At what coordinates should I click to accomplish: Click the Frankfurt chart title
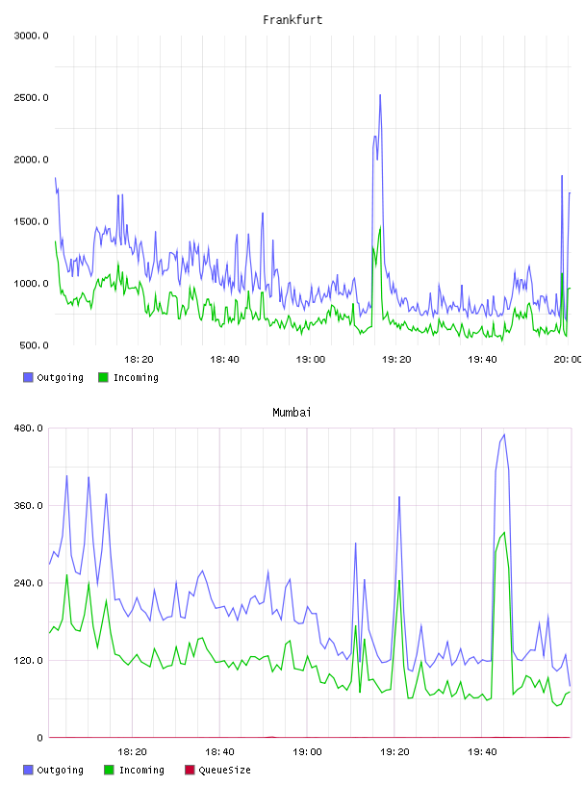[292, 20]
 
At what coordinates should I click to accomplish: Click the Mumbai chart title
[292, 413]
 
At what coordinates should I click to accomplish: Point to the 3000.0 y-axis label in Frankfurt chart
[31, 36]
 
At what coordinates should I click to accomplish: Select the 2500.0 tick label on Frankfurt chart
[31, 97]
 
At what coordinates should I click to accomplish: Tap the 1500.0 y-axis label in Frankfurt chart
[31, 222]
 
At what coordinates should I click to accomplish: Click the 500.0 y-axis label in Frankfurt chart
[34, 345]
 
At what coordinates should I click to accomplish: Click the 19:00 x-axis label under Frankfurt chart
[311, 360]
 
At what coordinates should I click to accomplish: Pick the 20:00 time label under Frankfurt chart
[568, 360]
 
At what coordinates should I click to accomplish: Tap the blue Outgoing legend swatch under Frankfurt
[28, 377]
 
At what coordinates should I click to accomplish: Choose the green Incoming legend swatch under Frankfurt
[103, 377]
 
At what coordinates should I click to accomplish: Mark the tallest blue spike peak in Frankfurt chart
[380, 94]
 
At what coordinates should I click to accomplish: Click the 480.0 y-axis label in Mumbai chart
[29, 428]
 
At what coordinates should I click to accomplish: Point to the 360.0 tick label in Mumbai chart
[29, 506]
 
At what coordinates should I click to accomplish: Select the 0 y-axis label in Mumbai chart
[40, 738]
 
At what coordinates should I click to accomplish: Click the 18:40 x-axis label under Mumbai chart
[219, 752]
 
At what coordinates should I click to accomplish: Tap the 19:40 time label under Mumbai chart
[482, 752]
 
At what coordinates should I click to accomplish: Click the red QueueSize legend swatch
[190, 770]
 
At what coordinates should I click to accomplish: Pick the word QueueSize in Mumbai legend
[224, 770]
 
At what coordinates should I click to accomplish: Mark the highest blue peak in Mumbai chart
[504, 435]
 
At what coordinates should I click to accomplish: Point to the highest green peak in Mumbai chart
[504, 532]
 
